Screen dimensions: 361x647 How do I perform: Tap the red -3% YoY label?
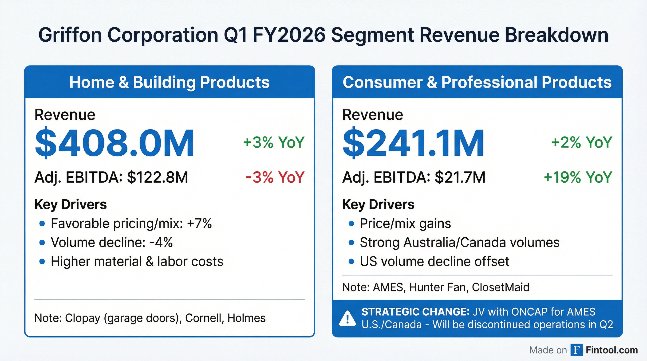click(275, 177)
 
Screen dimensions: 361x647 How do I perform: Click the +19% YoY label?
click(578, 177)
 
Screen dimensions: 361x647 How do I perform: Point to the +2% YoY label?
click(581, 142)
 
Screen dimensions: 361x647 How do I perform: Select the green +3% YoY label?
click(274, 142)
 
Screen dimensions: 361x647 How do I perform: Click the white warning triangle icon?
click(347, 318)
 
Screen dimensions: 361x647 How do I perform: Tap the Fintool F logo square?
click(576, 350)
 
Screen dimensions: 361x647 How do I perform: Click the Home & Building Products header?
click(170, 82)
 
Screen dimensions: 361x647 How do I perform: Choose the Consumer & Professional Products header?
click(477, 82)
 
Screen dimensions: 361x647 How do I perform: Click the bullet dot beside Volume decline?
click(42, 243)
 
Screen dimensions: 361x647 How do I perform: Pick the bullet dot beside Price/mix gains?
click(351, 224)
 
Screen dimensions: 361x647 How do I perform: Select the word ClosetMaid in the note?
click(500, 287)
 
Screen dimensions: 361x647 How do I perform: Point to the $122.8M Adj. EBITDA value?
click(158, 177)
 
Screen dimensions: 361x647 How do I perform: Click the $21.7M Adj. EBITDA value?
click(460, 177)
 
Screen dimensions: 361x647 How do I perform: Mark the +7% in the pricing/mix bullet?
click(199, 224)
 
